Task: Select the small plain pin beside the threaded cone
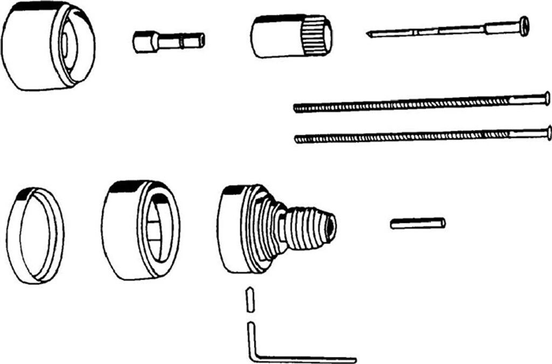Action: (418, 222)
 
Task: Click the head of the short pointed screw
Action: (523, 26)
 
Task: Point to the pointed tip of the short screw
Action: (369, 35)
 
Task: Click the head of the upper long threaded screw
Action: (547, 98)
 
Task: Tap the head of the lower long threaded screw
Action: (548, 132)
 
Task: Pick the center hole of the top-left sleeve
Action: (68, 46)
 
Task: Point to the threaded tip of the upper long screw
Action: (298, 108)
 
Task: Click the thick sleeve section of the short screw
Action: (501, 27)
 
